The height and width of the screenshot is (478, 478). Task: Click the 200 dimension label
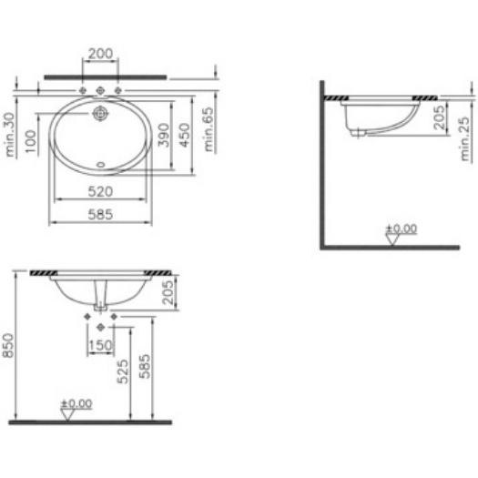tap(100, 54)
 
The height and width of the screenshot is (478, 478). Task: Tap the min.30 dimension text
tap(9, 135)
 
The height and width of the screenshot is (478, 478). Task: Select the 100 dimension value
tap(30, 141)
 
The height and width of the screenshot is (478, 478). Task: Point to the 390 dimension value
tap(163, 135)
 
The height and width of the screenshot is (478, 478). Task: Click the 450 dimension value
tap(184, 135)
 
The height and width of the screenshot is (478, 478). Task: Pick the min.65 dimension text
tap(208, 129)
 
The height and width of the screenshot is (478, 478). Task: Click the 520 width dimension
tap(100, 192)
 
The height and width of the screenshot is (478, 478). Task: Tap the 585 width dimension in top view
tap(100, 215)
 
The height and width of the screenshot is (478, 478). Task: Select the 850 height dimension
tap(8, 345)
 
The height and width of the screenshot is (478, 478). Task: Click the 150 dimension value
tap(100, 345)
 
